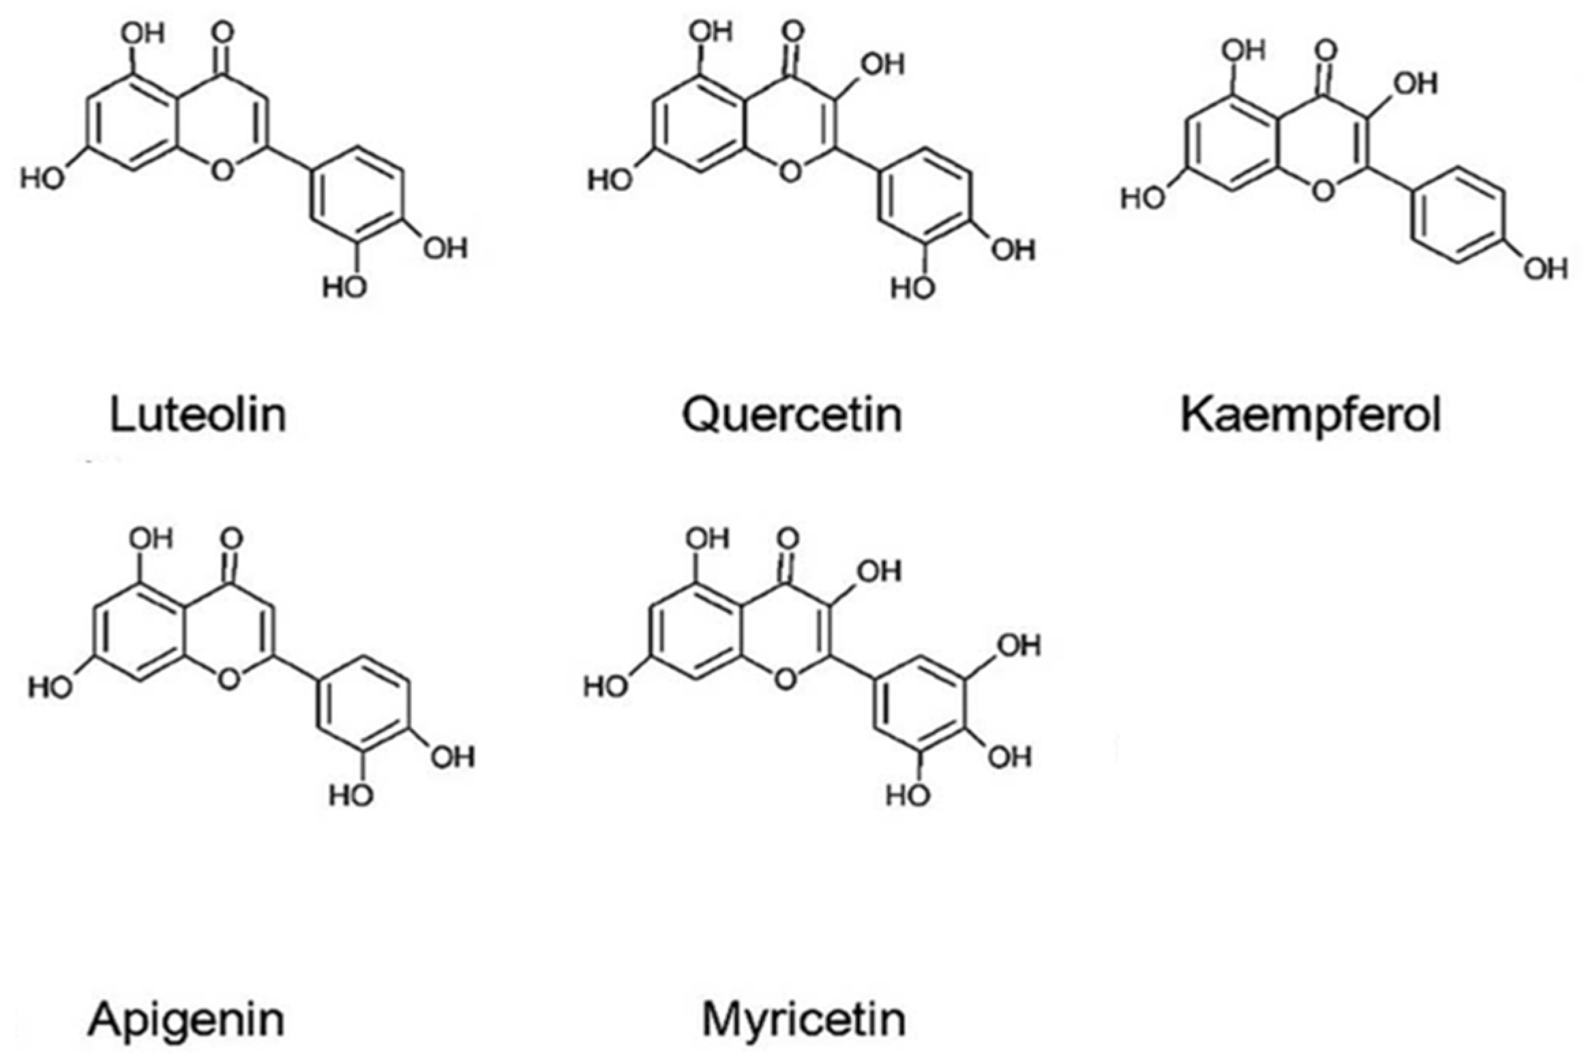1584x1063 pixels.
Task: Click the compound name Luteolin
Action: coord(198,415)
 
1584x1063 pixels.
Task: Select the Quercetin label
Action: coord(792,415)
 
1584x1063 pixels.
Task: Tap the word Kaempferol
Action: coord(1310,415)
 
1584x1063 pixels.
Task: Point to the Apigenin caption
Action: coord(185,1019)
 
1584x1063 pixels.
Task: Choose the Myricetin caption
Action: coord(804,1019)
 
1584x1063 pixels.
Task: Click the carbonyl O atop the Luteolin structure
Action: coord(222,32)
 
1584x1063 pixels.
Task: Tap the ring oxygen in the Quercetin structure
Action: coord(790,170)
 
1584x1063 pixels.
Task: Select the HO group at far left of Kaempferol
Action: coord(1143,198)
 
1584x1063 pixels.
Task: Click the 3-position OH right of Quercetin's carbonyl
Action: coord(882,64)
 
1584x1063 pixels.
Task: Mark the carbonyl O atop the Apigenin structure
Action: coord(232,539)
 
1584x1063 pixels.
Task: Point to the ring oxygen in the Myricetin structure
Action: coord(786,678)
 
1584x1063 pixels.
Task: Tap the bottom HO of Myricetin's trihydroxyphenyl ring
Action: coord(908,795)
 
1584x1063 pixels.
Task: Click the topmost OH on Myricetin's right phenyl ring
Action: coord(1019,645)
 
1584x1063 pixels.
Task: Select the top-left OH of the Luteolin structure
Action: coord(143,32)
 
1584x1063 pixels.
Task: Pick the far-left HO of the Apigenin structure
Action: coord(50,687)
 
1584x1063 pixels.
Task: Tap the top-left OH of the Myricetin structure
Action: coord(708,539)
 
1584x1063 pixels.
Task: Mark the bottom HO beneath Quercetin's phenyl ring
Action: coord(912,288)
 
